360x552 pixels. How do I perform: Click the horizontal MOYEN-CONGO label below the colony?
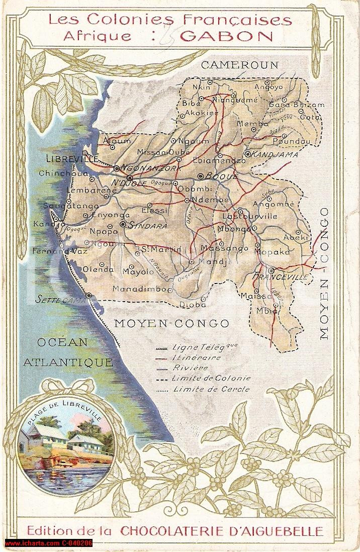[171, 323]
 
